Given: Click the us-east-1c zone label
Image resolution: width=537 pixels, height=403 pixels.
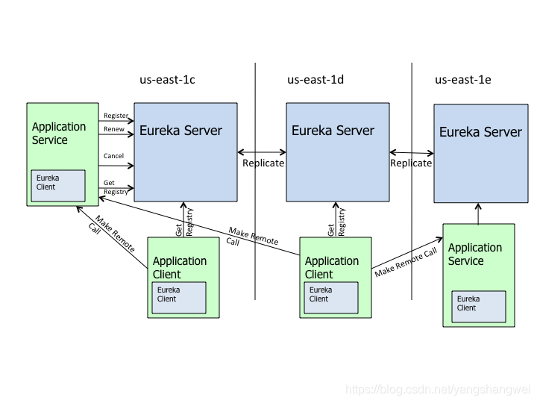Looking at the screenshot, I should (x=167, y=80).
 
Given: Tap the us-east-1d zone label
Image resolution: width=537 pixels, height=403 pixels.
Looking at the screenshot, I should (x=315, y=80).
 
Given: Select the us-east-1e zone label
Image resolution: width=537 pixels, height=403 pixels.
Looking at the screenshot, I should (x=462, y=80).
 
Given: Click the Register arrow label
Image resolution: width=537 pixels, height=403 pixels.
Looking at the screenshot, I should (x=116, y=116).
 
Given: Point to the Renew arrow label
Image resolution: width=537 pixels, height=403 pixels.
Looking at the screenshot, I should (x=113, y=129).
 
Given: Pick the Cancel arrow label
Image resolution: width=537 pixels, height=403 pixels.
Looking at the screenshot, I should (x=113, y=156).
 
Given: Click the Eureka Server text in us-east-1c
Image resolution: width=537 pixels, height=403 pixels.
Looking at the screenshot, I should (x=181, y=131).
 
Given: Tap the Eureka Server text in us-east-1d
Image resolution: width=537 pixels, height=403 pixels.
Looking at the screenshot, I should (x=333, y=131).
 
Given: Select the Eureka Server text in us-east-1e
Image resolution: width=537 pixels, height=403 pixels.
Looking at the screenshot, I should (x=480, y=132).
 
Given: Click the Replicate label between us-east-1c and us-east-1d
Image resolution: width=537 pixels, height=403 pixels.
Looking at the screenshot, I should (x=263, y=163).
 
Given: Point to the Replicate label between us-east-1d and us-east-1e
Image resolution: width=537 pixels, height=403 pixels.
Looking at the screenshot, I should (x=411, y=163).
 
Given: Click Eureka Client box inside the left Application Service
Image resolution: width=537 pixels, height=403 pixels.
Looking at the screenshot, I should (x=57, y=186).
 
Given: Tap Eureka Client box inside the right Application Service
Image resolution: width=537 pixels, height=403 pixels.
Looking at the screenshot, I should (x=480, y=306).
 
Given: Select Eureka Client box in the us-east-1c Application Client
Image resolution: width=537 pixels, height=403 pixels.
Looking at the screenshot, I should (x=179, y=297).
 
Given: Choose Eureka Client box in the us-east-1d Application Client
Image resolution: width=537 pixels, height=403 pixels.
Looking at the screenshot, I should (x=331, y=297).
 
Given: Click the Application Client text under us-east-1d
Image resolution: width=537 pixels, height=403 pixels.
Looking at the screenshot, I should (x=332, y=267).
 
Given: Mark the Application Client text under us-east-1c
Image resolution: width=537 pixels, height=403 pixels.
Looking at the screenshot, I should (x=180, y=267).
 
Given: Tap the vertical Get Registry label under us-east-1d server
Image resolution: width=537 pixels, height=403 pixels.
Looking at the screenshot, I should (x=336, y=222).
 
